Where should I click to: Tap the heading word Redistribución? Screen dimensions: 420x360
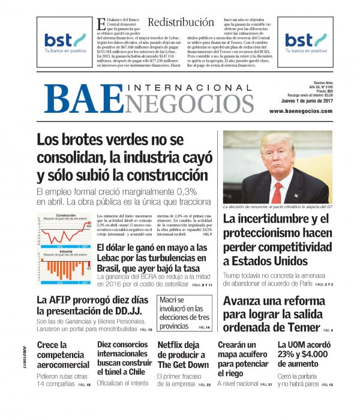click(x=181, y=22)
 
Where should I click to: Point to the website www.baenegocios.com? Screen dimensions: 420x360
click(x=301, y=112)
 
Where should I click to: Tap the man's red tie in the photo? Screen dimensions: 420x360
click(x=277, y=193)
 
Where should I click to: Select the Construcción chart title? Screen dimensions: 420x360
click(x=65, y=215)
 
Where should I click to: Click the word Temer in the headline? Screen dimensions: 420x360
click(x=304, y=328)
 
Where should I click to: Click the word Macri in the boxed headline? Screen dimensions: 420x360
click(x=172, y=299)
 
